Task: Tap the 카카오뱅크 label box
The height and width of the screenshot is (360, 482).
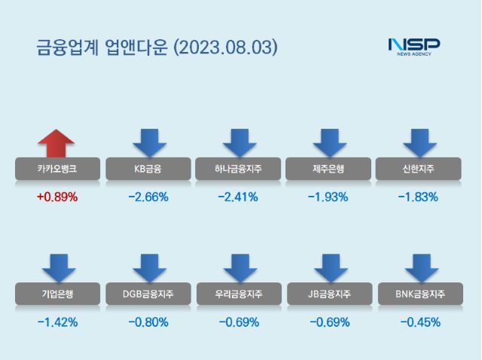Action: pyautogui.click(x=57, y=169)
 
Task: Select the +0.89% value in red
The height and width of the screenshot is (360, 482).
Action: pyautogui.click(x=57, y=197)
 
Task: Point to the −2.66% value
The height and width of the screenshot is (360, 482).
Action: pyautogui.click(x=148, y=197)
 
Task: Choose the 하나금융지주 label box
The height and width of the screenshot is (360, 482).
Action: pyautogui.click(x=238, y=169)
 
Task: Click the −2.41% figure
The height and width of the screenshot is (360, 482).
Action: pyautogui.click(x=238, y=197)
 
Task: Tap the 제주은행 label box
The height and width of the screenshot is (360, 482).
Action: pyautogui.click(x=328, y=169)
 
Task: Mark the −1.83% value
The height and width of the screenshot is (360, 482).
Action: pyautogui.click(x=419, y=197)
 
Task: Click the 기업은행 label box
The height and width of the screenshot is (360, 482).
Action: pyautogui.click(x=57, y=294)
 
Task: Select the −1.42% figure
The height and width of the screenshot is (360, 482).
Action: pyautogui.click(x=57, y=322)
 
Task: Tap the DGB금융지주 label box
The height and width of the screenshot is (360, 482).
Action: pyautogui.click(x=148, y=294)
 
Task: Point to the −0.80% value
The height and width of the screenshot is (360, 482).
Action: pyautogui.click(x=148, y=322)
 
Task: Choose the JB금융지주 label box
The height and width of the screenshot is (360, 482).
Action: pyautogui.click(x=328, y=294)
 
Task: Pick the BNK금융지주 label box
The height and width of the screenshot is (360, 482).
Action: pyautogui.click(x=419, y=294)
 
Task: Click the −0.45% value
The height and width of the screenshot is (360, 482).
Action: pyautogui.click(x=419, y=322)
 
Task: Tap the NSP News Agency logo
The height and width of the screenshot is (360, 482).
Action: pyautogui.click(x=413, y=47)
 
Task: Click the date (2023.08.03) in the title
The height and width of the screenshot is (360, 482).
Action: pyautogui.click(x=226, y=47)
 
